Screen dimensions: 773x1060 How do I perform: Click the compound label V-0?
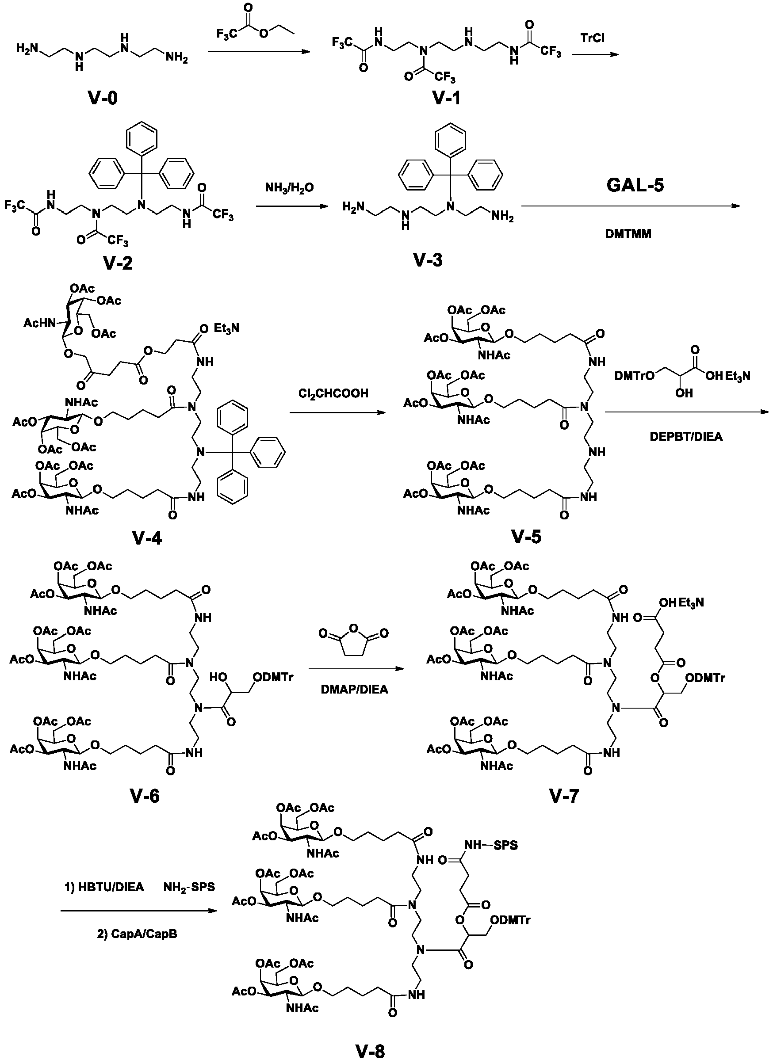click(x=103, y=98)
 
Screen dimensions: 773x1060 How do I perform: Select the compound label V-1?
click(x=446, y=98)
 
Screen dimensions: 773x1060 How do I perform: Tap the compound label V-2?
click(x=118, y=263)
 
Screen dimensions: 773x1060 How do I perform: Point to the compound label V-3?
click(x=428, y=259)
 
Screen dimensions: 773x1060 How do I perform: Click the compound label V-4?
click(x=147, y=538)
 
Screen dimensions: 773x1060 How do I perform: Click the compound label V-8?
click(x=370, y=1051)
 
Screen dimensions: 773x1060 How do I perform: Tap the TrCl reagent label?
click(x=592, y=38)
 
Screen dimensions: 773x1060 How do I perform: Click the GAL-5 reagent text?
click(x=635, y=185)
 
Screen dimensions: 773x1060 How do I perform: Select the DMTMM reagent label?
click(x=628, y=234)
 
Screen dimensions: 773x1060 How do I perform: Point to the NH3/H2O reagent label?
click(x=290, y=188)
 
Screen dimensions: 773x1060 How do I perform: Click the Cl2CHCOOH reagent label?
click(x=333, y=393)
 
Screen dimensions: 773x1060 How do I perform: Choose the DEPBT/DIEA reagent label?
click(x=686, y=437)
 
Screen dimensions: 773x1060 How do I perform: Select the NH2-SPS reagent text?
click(x=189, y=888)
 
